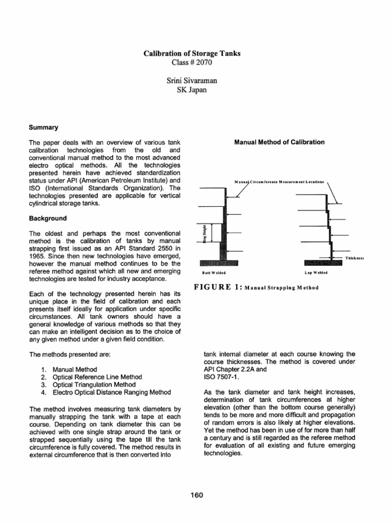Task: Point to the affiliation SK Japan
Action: (x=195, y=91)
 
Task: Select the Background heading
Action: (x=47, y=218)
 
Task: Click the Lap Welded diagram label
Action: (x=316, y=273)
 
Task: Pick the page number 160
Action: (x=195, y=494)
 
